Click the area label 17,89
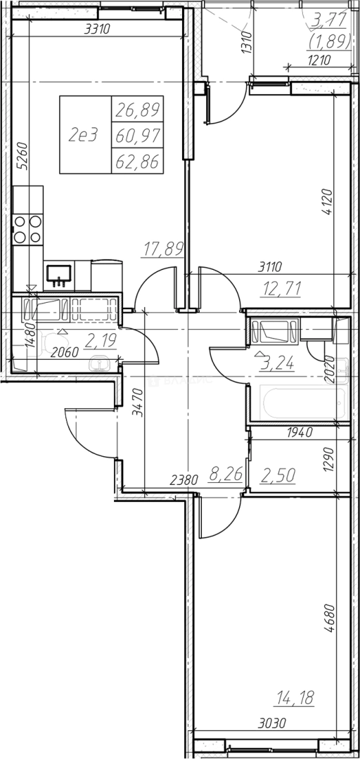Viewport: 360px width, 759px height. coord(164,249)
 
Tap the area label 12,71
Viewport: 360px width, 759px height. coord(281,289)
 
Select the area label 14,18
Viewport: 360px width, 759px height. coord(295,698)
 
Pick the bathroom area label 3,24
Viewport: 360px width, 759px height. coord(277,363)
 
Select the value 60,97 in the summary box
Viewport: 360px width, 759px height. coord(138,136)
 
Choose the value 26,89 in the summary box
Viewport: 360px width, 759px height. coord(138,111)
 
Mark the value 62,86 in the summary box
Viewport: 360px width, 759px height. coord(138,162)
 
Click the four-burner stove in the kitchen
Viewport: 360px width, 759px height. coord(27,229)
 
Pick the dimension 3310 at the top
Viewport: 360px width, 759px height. coord(98,29)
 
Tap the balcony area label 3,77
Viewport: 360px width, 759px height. coord(330,20)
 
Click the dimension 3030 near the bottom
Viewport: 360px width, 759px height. coord(272,724)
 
